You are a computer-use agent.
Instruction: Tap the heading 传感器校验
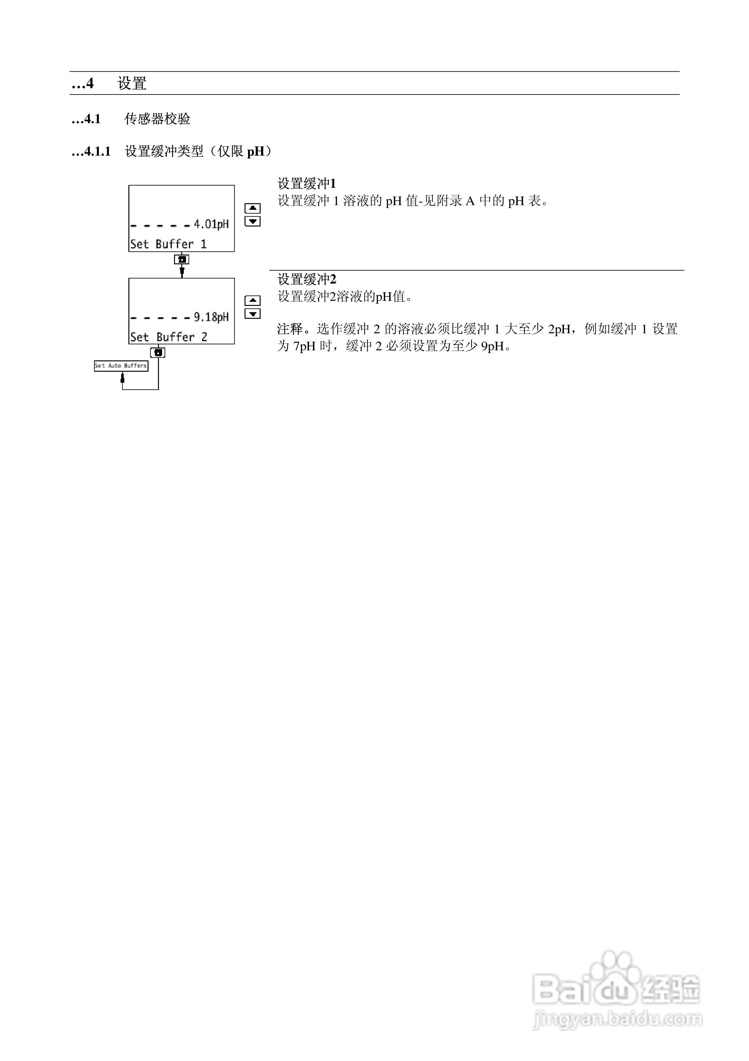pos(157,119)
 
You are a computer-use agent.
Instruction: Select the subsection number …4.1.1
pos(91,152)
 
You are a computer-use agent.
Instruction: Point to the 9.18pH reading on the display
pos(211,317)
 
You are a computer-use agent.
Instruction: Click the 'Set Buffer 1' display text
pos(168,244)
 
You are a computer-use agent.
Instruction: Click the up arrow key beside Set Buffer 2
pos(253,300)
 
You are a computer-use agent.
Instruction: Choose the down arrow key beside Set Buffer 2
pos(253,314)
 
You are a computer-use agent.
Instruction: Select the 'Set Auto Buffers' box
pos(121,365)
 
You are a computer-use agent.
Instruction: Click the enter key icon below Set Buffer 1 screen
pos(182,260)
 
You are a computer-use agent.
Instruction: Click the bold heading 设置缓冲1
pos(307,183)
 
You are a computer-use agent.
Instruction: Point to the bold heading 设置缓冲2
pos(307,279)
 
